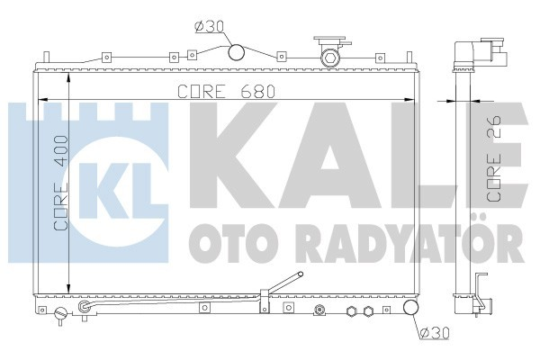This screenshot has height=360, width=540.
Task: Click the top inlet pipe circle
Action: (x=237, y=53)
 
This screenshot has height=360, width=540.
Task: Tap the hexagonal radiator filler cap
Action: (x=330, y=58)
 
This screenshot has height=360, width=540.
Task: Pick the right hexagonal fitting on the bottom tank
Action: (x=367, y=313)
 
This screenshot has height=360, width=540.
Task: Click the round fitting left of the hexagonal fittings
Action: (x=319, y=312)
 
